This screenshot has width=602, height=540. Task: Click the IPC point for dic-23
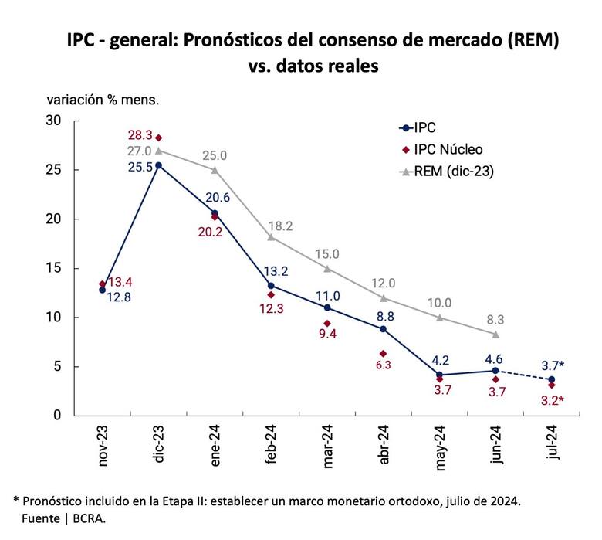click(159, 165)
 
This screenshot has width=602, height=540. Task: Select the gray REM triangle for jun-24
click(495, 335)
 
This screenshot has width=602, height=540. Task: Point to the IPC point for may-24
click(439, 375)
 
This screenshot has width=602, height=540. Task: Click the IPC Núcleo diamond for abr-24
click(384, 354)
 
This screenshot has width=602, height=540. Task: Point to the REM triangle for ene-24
click(215, 170)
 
